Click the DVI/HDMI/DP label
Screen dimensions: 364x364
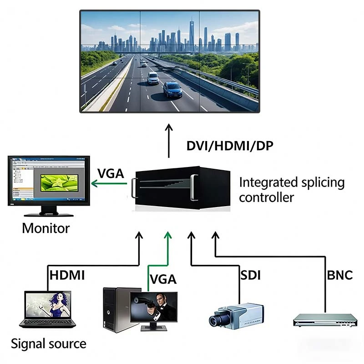coord(230,146)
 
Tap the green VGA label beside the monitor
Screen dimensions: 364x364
coord(111,174)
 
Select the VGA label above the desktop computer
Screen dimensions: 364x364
coord(163,278)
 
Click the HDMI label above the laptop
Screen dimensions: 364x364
coord(67,275)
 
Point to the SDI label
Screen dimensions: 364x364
coord(250,275)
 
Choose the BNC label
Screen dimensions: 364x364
coord(340,275)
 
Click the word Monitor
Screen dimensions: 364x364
coord(46,227)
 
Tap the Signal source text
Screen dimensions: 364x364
coord(48,343)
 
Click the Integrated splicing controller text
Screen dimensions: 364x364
coord(292,190)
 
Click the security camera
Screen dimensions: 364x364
coord(234,314)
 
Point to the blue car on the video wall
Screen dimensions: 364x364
coord(172,89)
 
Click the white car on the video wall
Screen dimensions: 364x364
coord(153,78)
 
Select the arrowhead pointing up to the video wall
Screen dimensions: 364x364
coord(169,126)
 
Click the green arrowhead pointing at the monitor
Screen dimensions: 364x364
coord(95,183)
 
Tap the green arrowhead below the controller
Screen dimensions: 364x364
coord(169,234)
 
